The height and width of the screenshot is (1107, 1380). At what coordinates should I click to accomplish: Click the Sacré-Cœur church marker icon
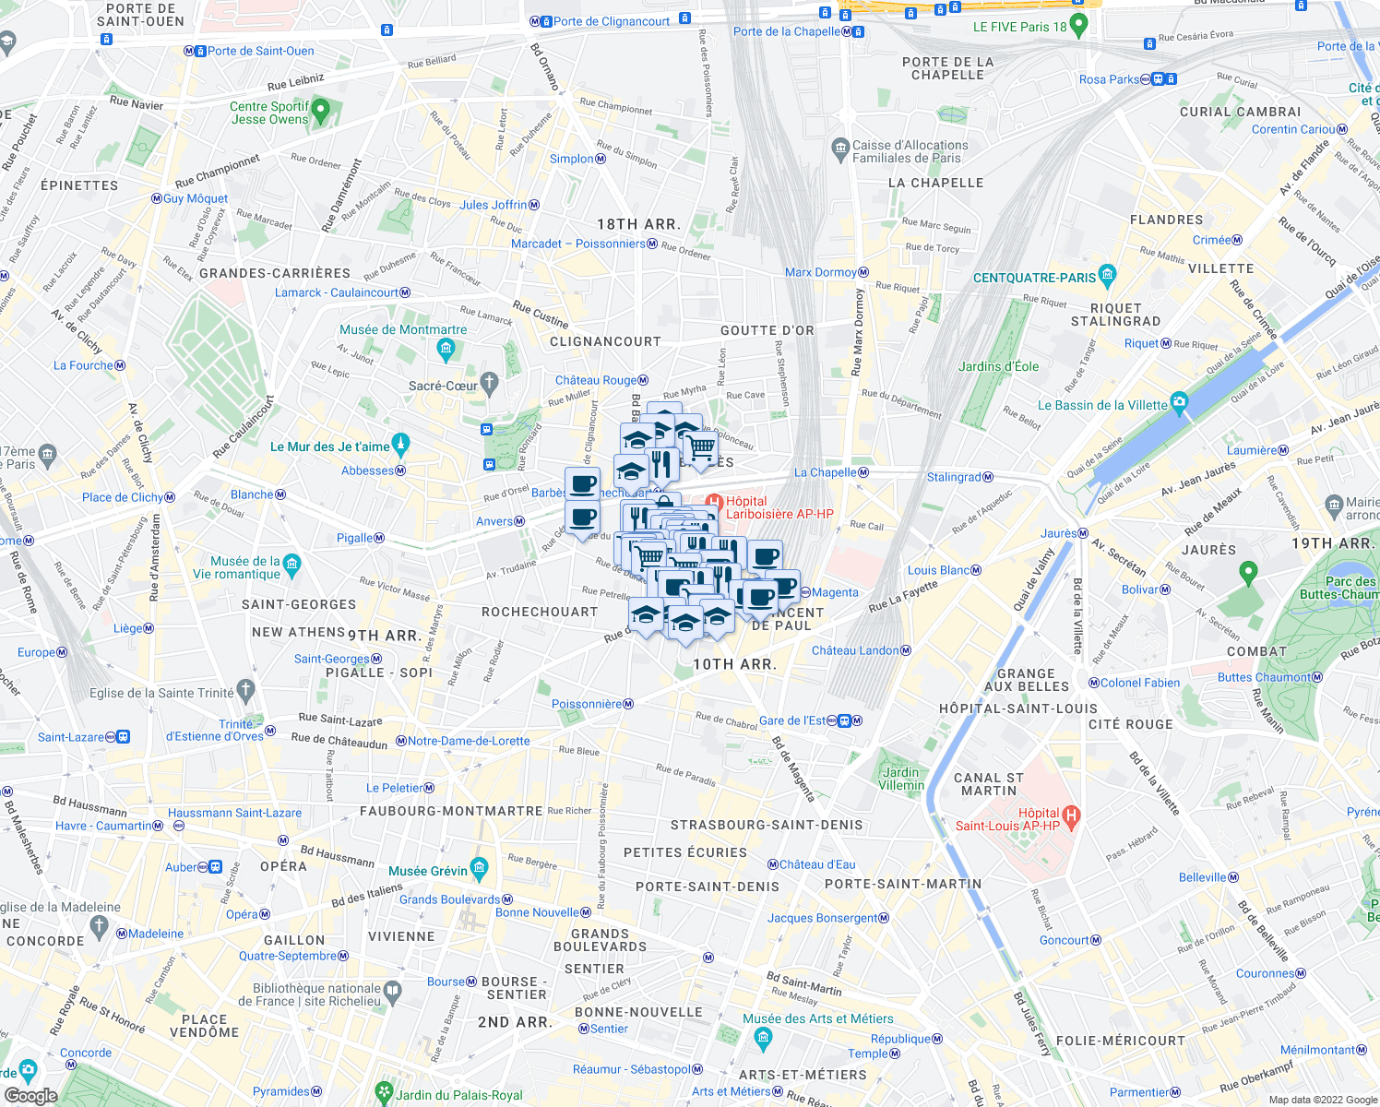click(x=489, y=383)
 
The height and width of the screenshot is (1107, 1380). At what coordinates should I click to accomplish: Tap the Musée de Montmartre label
click(x=403, y=329)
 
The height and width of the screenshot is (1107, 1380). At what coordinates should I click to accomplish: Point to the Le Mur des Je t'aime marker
click(x=399, y=444)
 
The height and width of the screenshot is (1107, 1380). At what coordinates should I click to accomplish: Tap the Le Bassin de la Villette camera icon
click(x=1179, y=402)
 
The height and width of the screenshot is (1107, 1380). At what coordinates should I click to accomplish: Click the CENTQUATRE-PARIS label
click(x=1034, y=278)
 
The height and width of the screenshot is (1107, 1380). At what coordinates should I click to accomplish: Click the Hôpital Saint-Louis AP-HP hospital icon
click(x=1070, y=815)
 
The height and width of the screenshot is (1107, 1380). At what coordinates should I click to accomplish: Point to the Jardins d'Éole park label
click(x=998, y=366)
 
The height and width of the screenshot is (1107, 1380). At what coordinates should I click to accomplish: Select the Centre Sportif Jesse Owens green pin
click(x=321, y=111)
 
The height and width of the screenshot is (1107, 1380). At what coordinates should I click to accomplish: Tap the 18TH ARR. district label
click(x=638, y=224)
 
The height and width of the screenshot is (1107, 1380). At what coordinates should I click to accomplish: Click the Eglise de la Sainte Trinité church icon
click(x=245, y=689)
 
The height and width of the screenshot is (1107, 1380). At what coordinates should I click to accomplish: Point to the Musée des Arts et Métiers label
click(x=818, y=1018)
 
